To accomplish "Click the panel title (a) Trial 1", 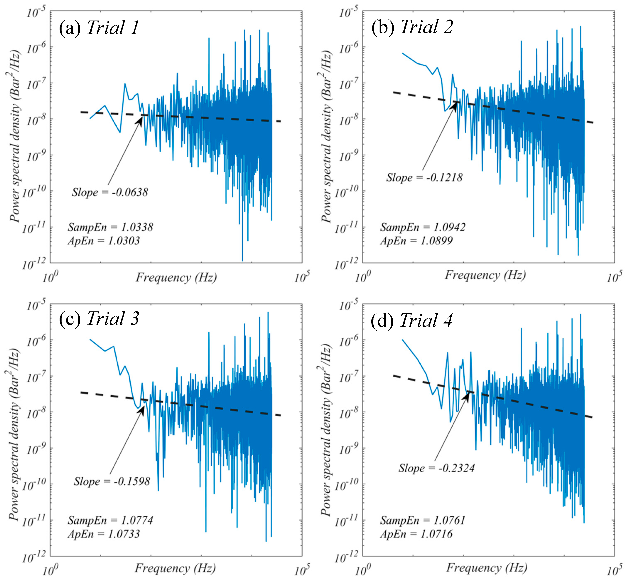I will tap(99, 28).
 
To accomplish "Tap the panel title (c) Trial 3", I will tap(99, 319).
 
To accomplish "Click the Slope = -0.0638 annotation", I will tap(110, 192).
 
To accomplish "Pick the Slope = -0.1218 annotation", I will tap(424, 178).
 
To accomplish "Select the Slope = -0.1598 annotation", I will tap(112, 481).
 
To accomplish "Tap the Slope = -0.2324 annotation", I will tap(436, 468).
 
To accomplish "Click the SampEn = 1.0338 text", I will tap(110, 227).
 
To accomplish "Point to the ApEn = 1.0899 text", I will tap(416, 241).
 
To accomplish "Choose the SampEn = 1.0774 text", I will tap(110, 520).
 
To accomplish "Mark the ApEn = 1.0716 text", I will tap(416, 534).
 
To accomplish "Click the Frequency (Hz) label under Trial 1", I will tap(176, 277).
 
